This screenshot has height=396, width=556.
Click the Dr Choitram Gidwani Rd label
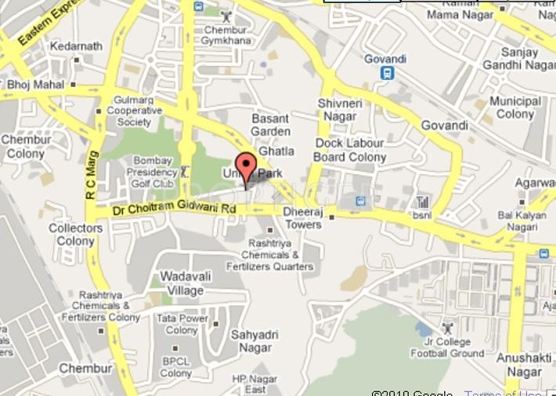point(174,209)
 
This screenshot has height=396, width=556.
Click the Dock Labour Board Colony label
point(350,150)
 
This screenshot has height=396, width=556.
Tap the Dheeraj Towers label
point(302,218)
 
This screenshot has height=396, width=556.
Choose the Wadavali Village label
point(182,283)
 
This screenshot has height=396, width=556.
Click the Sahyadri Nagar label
point(251,340)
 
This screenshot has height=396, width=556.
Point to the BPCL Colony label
point(175,367)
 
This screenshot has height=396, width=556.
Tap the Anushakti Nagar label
point(525,365)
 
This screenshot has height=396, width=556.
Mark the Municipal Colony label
point(515,107)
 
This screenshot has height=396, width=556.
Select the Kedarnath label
point(76,46)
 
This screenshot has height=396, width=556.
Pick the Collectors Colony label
point(76,234)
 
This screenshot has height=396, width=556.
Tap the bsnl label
point(422,214)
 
